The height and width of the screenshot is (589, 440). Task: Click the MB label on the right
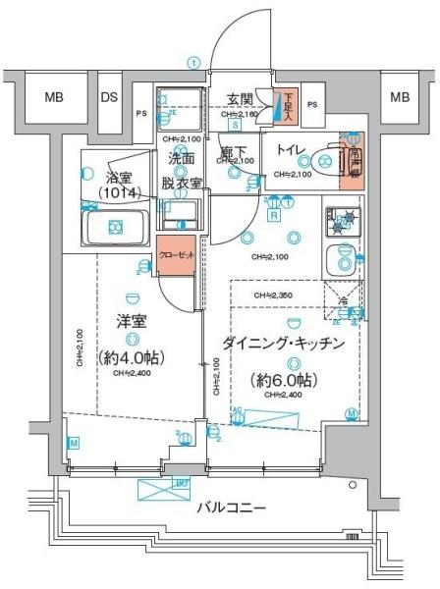click(400, 97)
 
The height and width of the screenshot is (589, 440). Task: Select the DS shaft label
click(110, 97)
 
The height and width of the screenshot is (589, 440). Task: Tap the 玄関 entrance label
click(241, 99)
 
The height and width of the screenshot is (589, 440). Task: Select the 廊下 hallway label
click(234, 155)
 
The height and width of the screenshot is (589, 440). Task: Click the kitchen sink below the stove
click(341, 259)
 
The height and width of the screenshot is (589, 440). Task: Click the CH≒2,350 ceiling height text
click(273, 294)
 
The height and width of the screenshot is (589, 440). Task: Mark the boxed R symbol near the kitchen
click(274, 215)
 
